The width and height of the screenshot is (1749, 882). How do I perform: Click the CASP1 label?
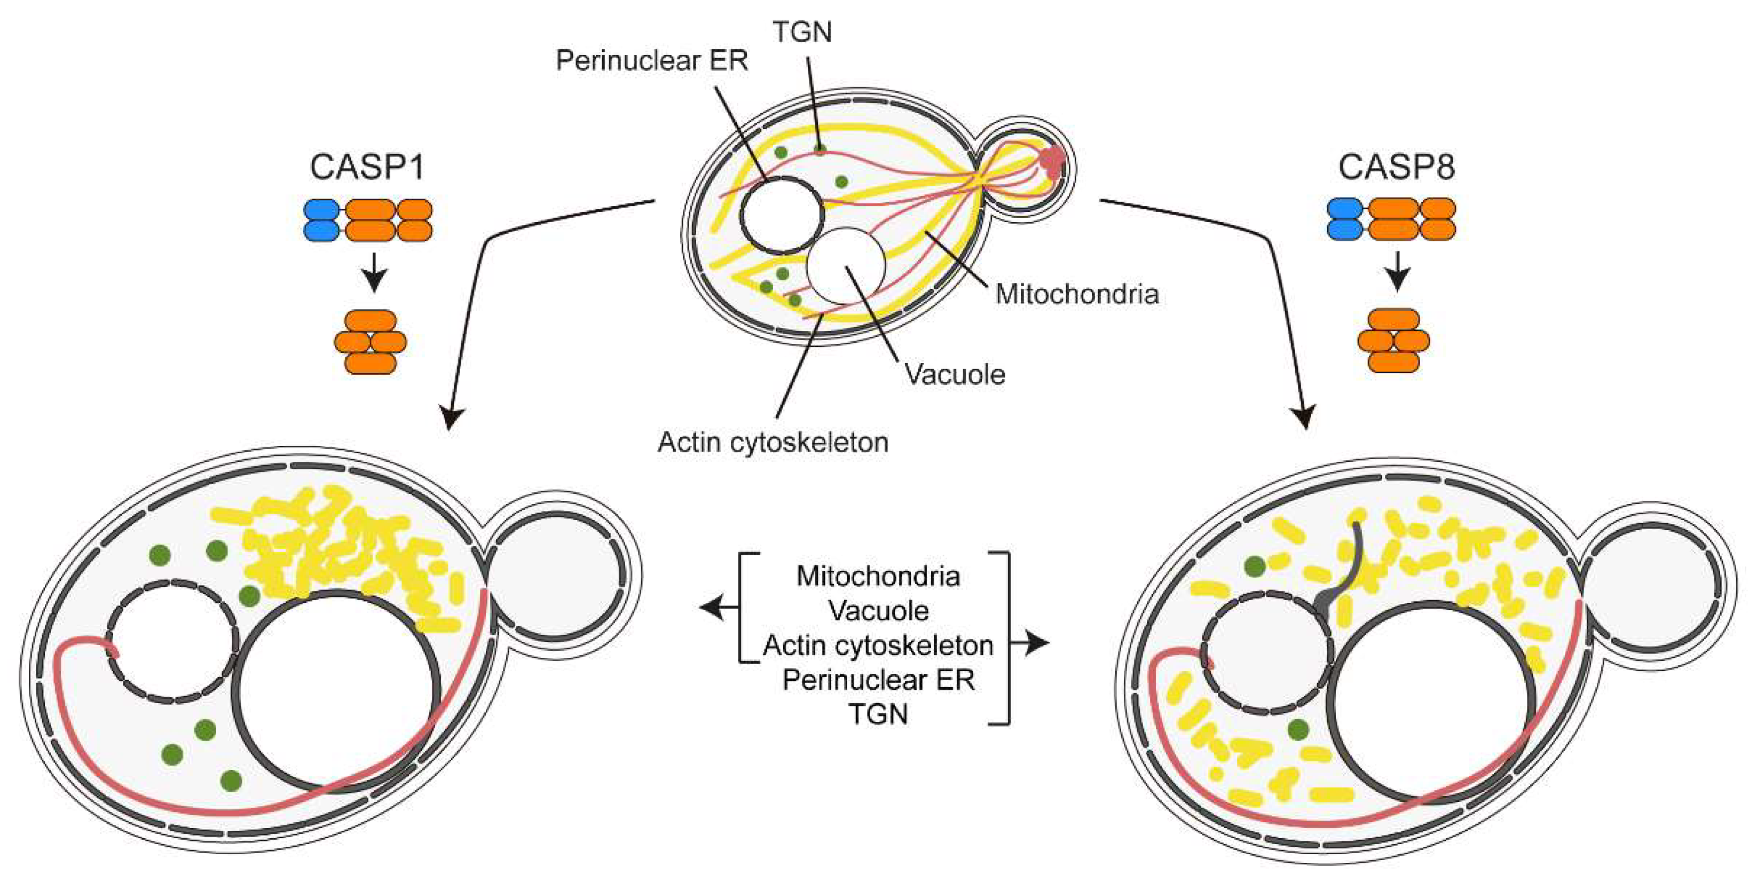pos(367,167)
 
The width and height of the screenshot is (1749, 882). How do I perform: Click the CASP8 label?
pos(1396,167)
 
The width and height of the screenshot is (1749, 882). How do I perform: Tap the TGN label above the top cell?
pos(802,32)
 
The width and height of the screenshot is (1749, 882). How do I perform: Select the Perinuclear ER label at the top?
pos(651,60)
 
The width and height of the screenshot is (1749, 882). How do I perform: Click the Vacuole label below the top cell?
pos(955,374)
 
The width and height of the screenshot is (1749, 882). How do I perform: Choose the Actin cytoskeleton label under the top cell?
pos(773,442)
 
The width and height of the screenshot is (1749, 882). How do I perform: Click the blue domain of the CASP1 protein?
pos(321,220)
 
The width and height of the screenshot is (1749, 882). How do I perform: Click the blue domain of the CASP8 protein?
pos(1344,219)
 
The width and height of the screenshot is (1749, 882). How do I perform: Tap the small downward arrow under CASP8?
pos(1397,274)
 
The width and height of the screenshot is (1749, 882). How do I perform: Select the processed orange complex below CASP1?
pos(370,342)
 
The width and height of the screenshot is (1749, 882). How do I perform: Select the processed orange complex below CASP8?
pos(1393,340)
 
